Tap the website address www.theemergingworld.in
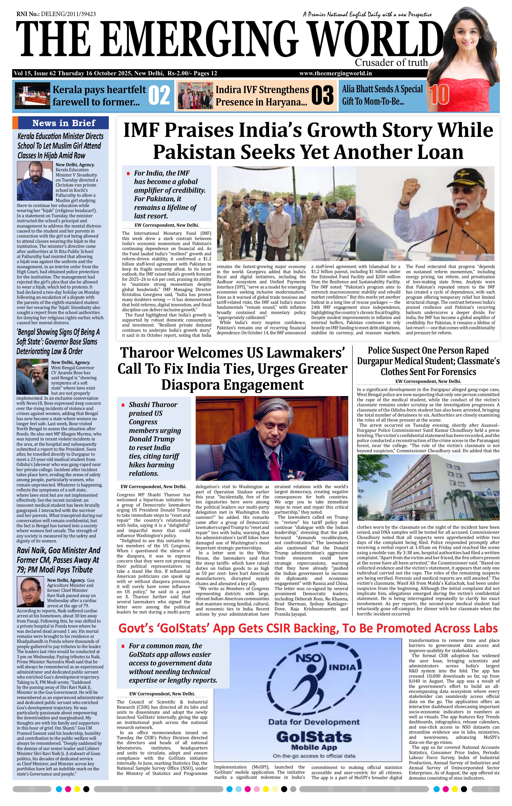(x=336, y=73)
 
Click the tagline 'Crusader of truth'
(x=391, y=63)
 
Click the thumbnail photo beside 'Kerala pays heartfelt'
(x=32, y=96)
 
